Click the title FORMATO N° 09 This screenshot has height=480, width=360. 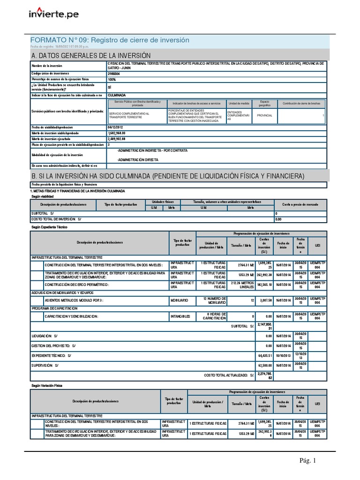coord(109,40)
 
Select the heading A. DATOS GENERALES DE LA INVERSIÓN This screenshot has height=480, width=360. coord(90,55)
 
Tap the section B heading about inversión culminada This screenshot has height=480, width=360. coord(167,176)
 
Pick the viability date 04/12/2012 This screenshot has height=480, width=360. coord(117,127)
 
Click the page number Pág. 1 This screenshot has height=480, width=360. coord(308,461)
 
